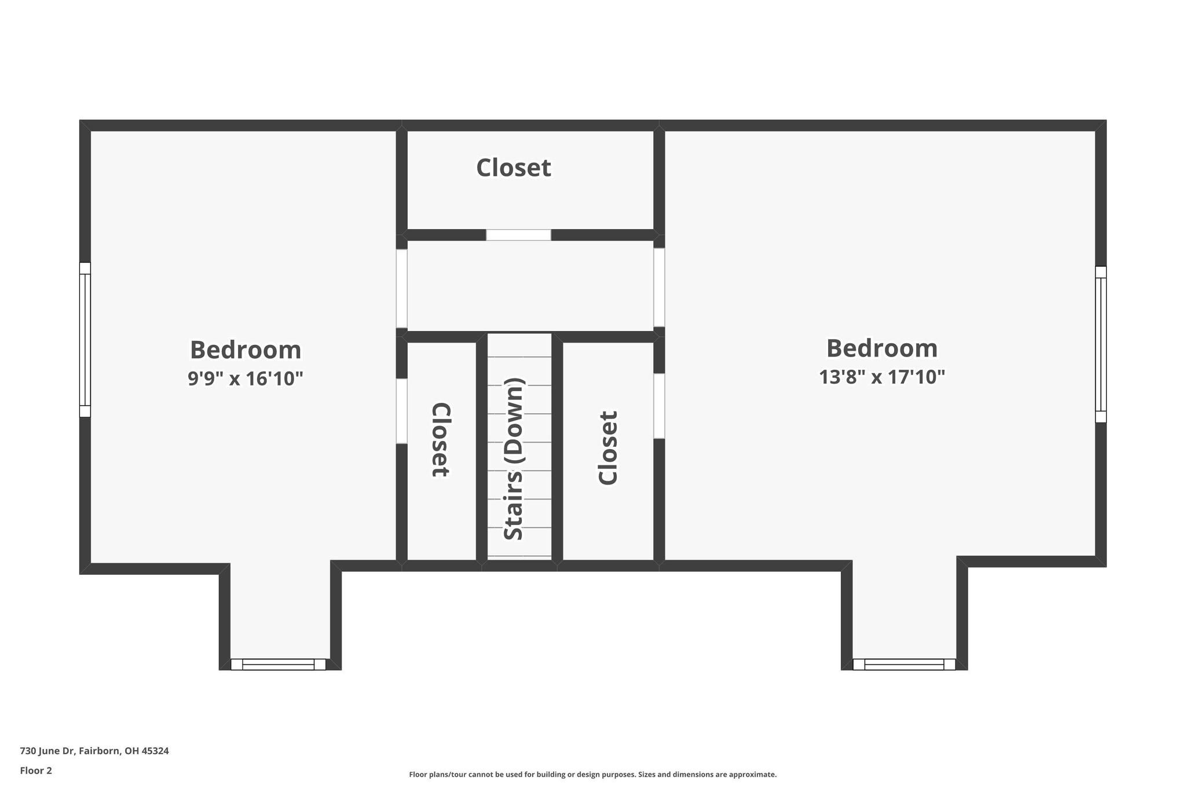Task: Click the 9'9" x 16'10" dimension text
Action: click(246, 379)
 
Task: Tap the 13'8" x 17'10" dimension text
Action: click(882, 377)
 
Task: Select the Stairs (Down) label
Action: click(514, 459)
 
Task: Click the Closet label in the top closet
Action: click(514, 168)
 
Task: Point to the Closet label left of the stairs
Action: click(441, 440)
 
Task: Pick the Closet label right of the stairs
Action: click(608, 447)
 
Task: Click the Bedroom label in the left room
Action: click(246, 350)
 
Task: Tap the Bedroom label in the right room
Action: click(882, 348)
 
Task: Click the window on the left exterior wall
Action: click(85, 340)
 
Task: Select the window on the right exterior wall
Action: click(1101, 344)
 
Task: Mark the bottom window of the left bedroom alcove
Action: click(278, 664)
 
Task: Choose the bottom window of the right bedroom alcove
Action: click(904, 664)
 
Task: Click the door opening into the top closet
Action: click(518, 235)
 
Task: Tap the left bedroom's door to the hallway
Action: click(402, 288)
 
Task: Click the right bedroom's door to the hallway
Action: click(659, 288)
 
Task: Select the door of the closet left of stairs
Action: click(402, 411)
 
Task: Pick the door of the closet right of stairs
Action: click(659, 406)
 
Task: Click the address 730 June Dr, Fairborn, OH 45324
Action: click(94, 751)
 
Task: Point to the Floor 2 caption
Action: click(36, 770)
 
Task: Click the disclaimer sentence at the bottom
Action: click(593, 774)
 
